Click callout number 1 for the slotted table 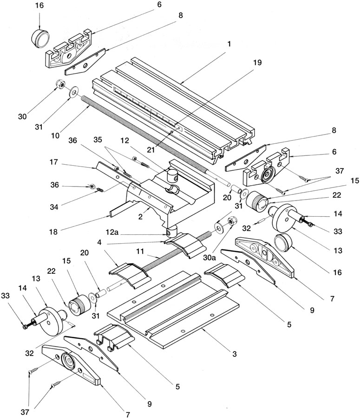[229, 44]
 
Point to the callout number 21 [151, 149]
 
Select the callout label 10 [56, 135]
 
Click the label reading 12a [112, 233]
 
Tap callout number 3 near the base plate [235, 354]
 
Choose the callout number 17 [53, 162]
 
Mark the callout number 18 [53, 232]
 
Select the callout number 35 [98, 140]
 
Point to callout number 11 [140, 251]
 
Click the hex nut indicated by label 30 [60, 84]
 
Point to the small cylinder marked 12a [170, 232]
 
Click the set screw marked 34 [101, 190]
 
